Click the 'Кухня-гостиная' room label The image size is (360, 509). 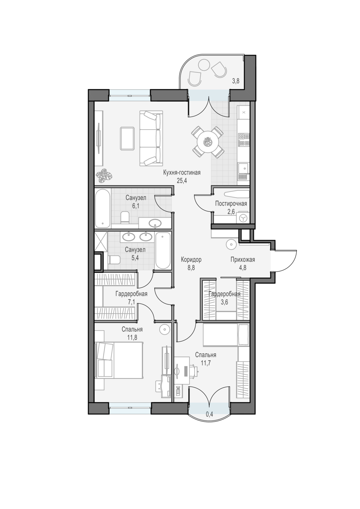click(182, 172)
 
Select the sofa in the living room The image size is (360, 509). click(151, 138)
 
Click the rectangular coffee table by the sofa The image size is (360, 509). click(127, 138)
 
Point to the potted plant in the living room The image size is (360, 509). click(104, 175)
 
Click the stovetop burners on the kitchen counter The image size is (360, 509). click(244, 140)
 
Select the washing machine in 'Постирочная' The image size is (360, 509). click(243, 219)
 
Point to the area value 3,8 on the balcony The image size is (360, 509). click(235, 81)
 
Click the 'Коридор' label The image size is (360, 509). click(191, 259)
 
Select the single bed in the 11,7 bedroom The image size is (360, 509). click(226, 335)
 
